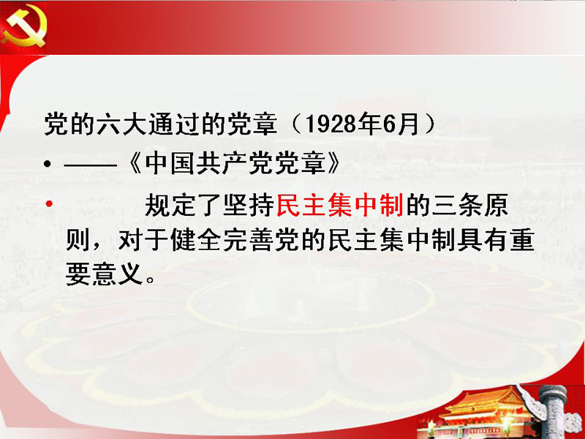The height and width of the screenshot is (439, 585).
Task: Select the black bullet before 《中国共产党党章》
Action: click(x=47, y=163)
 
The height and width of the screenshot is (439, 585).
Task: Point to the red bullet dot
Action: click(x=49, y=204)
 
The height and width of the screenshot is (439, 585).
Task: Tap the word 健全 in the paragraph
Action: click(x=196, y=240)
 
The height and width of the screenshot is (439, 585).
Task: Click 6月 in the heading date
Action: click(x=401, y=124)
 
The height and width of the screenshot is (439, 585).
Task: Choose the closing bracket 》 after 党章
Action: click(x=334, y=163)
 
